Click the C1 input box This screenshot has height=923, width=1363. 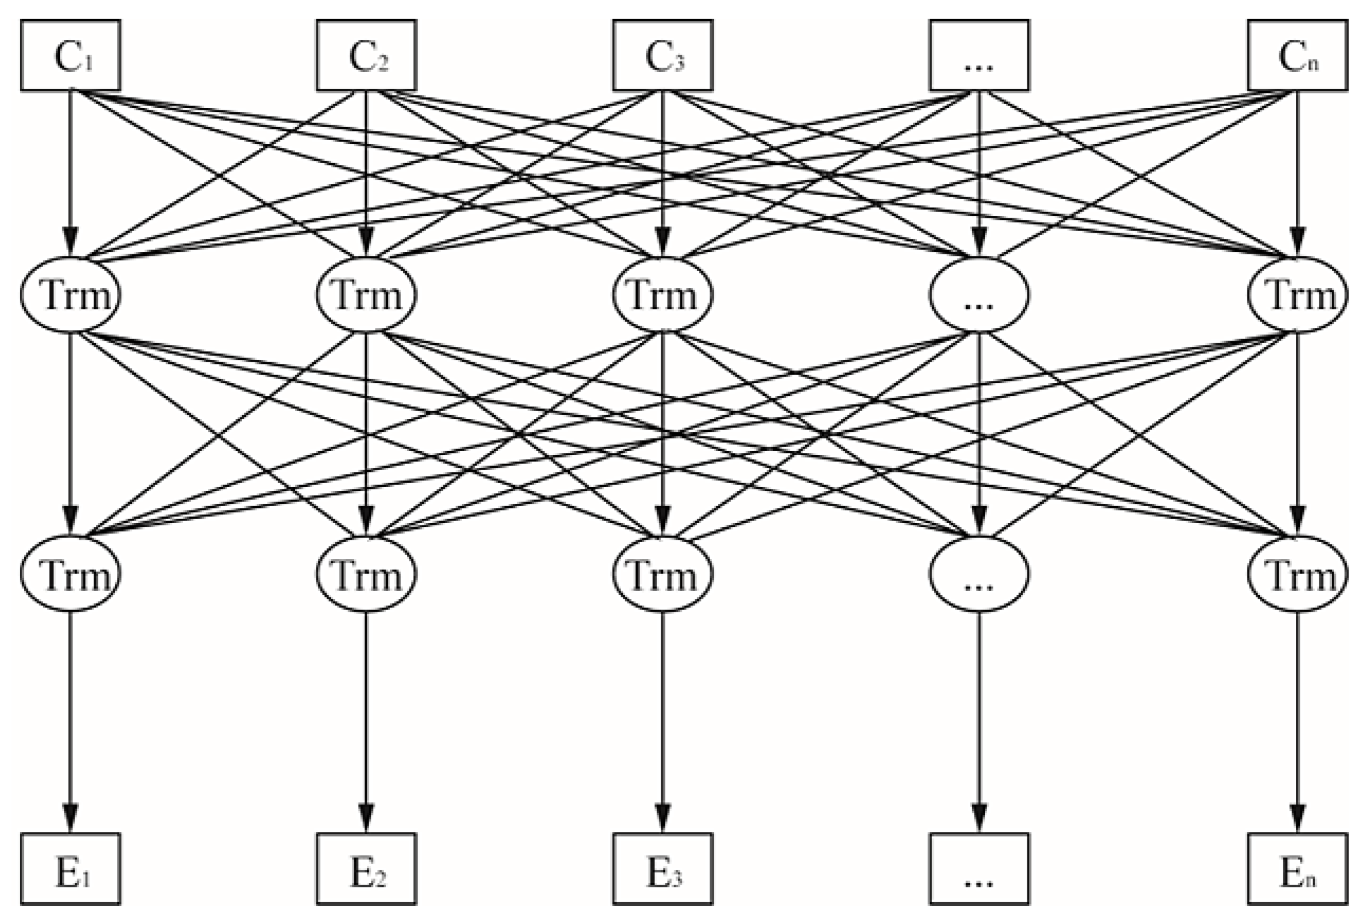71,56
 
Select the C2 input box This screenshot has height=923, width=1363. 366,56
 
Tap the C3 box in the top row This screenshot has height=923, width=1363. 662,56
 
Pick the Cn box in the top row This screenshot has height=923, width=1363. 1298,56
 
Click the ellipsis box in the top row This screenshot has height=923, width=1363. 979,56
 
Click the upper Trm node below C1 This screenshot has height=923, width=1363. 71,295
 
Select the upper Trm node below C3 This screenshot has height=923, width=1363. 662,295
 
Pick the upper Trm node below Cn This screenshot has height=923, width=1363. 1298,295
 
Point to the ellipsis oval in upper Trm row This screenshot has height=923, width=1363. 979,295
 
